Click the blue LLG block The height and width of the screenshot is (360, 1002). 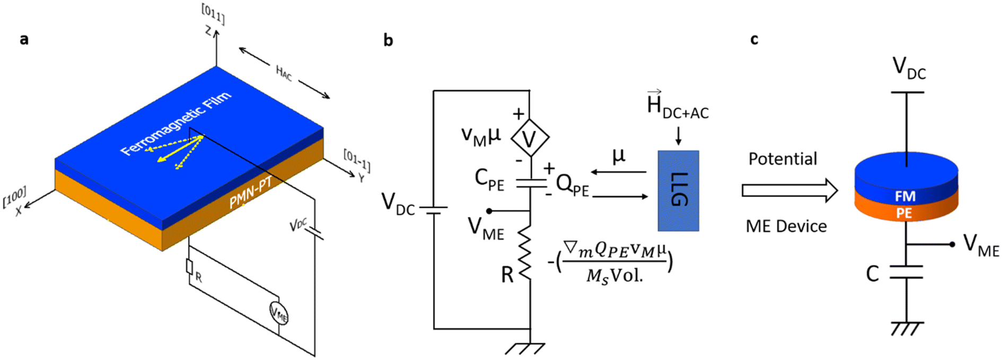(678, 191)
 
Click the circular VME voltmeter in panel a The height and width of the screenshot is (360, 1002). (279, 313)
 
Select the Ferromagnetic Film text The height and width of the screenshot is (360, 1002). (175, 124)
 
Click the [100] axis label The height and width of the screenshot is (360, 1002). (14, 196)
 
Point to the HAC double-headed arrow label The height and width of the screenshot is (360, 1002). (284, 73)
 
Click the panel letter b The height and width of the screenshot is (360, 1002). (388, 40)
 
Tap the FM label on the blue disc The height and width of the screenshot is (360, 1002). (905, 196)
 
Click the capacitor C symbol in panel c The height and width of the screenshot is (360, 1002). (906, 272)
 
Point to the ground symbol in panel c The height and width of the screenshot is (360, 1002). (906, 328)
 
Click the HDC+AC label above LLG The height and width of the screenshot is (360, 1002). (677, 106)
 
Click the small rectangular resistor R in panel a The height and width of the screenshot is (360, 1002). (189, 267)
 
